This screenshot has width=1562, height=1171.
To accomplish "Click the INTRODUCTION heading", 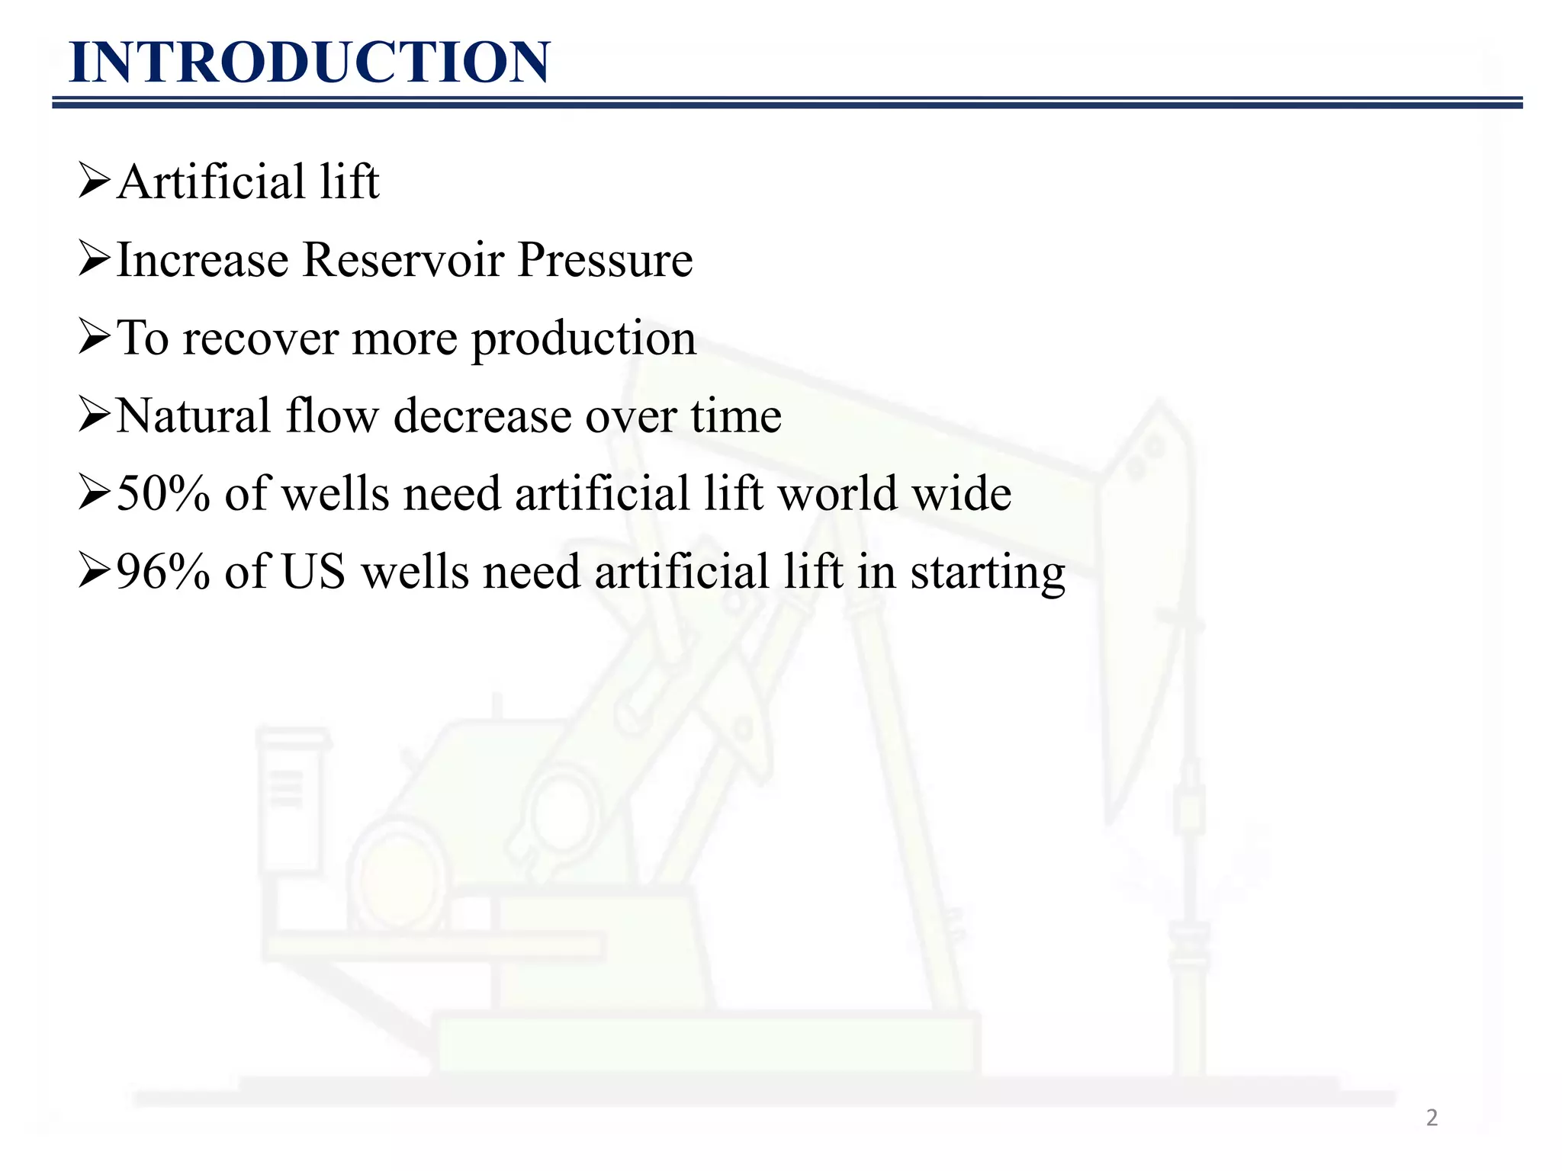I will pos(309,63).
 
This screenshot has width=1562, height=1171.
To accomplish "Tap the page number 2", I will pos(1432,1118).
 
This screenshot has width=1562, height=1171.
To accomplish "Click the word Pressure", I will pos(605,261).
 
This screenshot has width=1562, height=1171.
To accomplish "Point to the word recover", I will pos(260,338).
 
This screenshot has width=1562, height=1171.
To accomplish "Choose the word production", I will pos(583,340).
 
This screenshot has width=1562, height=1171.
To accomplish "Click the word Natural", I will pos(194,416).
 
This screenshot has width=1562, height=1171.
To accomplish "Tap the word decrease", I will pos(481,416).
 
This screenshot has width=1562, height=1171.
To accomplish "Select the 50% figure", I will pos(162,494).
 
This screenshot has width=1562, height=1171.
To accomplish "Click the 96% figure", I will pos(162,572).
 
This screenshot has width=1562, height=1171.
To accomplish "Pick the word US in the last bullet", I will pos(313,572).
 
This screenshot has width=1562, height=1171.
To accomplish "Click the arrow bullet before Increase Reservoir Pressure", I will pos(95,261).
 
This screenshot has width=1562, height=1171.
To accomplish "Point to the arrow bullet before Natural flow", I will pos(95,416).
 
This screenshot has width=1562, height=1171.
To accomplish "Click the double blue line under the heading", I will pos(786,103).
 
